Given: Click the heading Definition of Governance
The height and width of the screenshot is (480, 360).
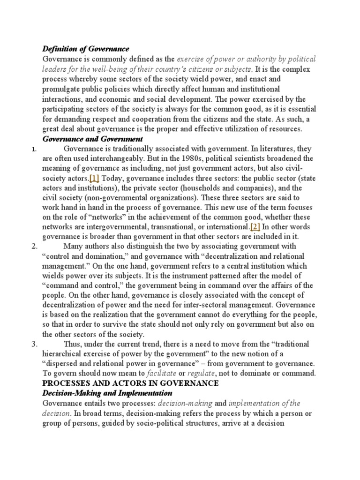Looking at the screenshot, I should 86,49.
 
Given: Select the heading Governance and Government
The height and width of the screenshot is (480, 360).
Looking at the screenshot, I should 93,139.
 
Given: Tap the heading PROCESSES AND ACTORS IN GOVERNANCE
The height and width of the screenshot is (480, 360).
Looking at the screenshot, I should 131,383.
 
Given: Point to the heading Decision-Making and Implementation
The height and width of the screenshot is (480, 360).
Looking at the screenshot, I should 107,392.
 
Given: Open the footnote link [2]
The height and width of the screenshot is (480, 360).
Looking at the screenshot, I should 255,227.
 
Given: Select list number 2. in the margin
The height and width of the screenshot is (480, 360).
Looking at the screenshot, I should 34,246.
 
